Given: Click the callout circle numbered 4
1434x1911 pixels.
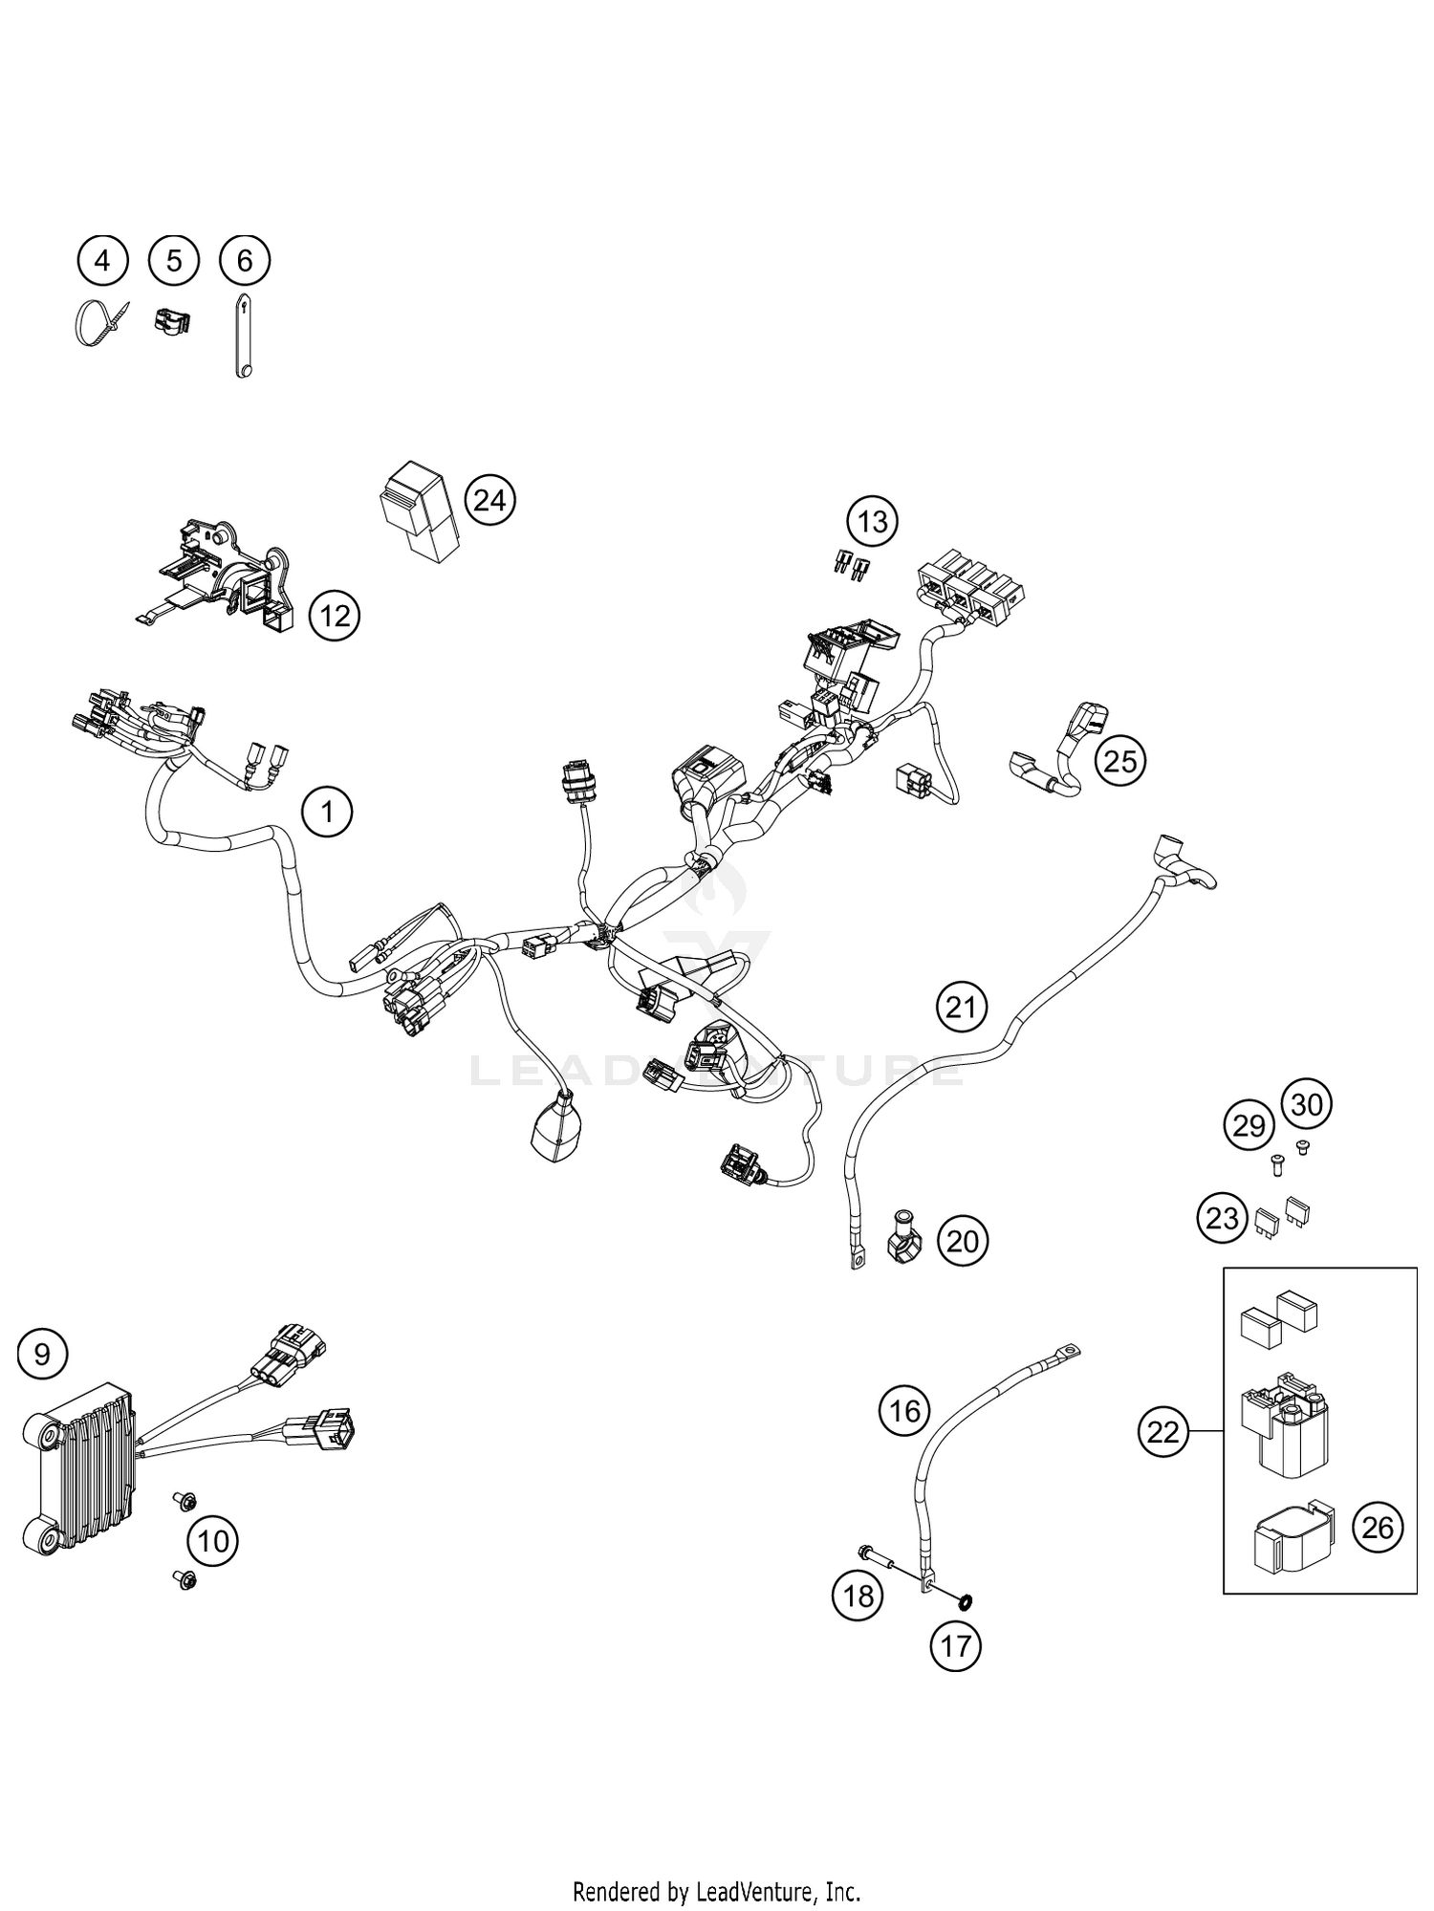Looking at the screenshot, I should pos(102,260).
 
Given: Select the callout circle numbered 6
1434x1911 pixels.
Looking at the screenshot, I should pos(245,260).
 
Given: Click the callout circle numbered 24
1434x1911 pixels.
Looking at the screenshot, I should pos(489,500).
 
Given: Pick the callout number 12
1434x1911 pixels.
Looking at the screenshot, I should pos(335,616).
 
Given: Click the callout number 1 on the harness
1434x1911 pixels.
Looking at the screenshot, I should pos(327,813).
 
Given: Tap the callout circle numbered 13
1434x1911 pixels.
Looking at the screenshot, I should pos(872,522).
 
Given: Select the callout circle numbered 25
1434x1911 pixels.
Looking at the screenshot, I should pos(1120,761).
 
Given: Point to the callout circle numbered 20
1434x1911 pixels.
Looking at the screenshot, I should pos(962,1241).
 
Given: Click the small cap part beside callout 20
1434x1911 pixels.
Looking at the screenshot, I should pos(902,1239).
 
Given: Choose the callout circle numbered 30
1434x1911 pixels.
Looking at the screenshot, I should pos(1306,1104).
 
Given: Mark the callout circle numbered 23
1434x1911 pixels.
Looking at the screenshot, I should pos(1223,1219).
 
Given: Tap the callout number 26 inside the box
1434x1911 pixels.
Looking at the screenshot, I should pos(1378,1528).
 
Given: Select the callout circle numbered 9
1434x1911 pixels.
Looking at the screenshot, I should pos(43,1354).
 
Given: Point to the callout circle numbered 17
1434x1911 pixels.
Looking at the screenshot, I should pos(955,1645).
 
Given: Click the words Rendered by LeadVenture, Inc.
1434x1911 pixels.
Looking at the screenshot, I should pos(716,1891).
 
